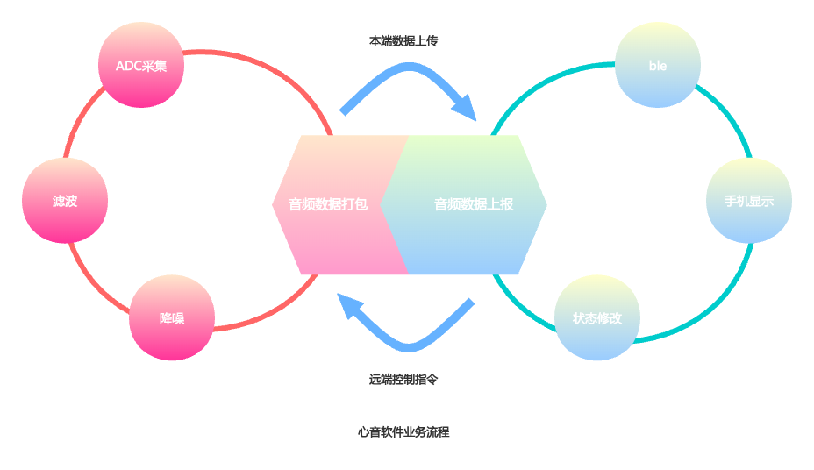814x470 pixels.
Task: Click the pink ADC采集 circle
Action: [141, 65]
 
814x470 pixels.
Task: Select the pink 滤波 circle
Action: [65, 201]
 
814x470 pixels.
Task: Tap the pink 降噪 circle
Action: [172, 317]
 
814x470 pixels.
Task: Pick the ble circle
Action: [658, 65]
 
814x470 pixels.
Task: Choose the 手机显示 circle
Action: [749, 201]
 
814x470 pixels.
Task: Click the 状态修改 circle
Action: [597, 317]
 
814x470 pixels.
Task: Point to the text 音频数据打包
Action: [328, 204]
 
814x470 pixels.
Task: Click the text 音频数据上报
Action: [474, 204]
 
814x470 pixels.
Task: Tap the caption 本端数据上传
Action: [403, 40]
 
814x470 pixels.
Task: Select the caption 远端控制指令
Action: [403, 380]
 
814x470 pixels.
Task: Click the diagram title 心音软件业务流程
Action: [403, 431]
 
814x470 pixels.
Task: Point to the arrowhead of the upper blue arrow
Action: [466, 110]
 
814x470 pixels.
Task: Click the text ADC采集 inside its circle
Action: [141, 66]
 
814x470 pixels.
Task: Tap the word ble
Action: [658, 66]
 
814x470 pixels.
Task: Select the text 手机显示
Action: [749, 201]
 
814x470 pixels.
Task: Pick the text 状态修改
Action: [597, 318]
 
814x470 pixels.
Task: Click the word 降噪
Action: [172, 318]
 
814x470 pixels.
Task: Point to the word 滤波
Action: [65, 201]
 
